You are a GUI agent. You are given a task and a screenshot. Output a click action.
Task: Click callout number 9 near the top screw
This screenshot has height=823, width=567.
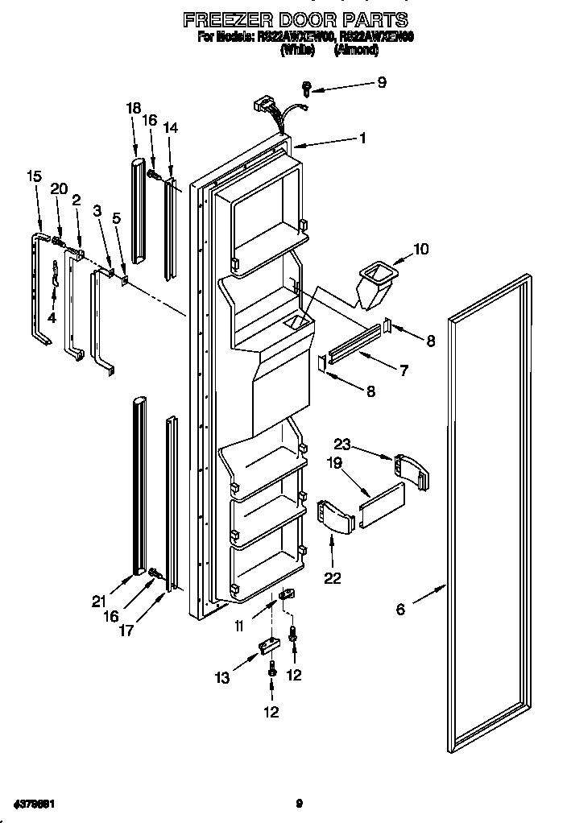click(382, 82)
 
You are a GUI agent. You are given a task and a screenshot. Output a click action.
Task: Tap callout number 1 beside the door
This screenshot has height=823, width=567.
click(362, 139)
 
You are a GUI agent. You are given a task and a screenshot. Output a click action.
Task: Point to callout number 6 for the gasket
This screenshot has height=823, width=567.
click(400, 609)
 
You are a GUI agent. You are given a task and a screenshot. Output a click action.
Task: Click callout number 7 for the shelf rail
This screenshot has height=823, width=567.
click(403, 370)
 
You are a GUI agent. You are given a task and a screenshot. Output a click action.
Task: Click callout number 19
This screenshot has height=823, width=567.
click(334, 463)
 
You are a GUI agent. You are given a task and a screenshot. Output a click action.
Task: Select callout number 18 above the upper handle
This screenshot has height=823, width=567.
click(134, 109)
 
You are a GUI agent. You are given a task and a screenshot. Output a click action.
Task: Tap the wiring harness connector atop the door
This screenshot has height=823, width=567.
click(267, 107)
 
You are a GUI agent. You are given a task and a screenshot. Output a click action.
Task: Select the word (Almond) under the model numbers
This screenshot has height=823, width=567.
click(356, 49)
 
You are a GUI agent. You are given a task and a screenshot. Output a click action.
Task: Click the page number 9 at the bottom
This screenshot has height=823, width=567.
click(299, 802)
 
